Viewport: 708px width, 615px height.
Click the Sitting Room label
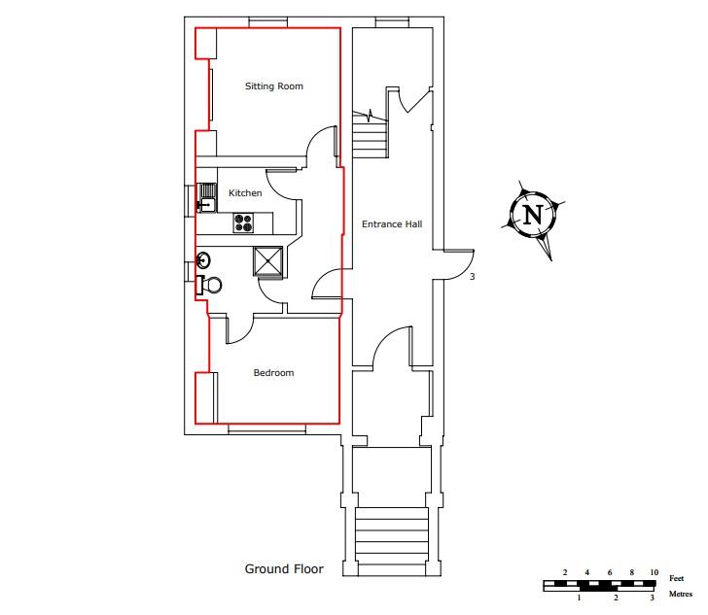click(273, 86)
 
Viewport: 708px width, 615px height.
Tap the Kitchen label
click(245, 193)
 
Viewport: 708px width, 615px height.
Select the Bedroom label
click(273, 373)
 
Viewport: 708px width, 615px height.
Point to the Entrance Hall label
click(392, 224)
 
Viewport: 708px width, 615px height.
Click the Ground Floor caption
click(284, 569)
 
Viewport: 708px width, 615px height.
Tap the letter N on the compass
click(532, 216)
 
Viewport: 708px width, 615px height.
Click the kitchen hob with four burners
click(243, 223)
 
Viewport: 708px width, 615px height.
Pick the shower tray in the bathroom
click(268, 261)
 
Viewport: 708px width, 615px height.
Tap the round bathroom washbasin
click(204, 260)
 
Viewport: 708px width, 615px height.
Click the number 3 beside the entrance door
click(472, 278)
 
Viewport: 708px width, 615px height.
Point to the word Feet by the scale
click(676, 578)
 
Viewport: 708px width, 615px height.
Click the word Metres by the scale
click(680, 593)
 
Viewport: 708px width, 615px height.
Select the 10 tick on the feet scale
click(655, 572)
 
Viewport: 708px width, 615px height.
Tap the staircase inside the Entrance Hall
click(370, 137)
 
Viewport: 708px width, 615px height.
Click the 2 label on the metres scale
click(616, 598)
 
